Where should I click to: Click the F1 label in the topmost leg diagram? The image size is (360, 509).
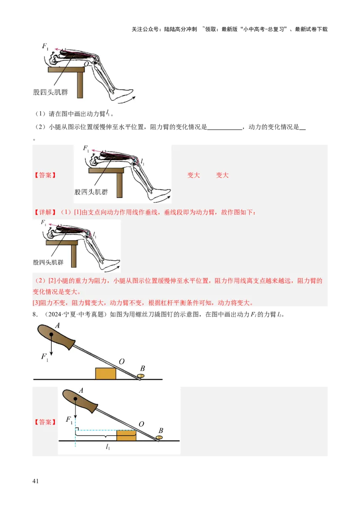click(45, 46)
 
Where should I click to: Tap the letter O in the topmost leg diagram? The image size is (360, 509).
click(86, 65)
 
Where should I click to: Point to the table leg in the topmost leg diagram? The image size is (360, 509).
click(80, 85)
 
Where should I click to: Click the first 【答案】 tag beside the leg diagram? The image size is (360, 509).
click(45, 175)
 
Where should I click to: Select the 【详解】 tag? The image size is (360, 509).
click(45, 212)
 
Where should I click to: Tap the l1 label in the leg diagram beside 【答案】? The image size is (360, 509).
click(143, 161)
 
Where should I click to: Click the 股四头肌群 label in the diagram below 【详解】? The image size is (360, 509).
click(48, 262)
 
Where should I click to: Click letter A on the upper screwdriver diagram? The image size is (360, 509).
click(58, 325)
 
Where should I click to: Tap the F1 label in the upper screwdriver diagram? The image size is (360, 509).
click(45, 357)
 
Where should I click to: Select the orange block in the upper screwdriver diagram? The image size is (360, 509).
click(106, 374)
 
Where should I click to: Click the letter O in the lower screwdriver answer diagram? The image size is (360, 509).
click(142, 424)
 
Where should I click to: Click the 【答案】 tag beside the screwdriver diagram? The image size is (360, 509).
click(45, 422)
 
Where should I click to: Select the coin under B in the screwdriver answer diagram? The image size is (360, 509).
click(159, 437)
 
